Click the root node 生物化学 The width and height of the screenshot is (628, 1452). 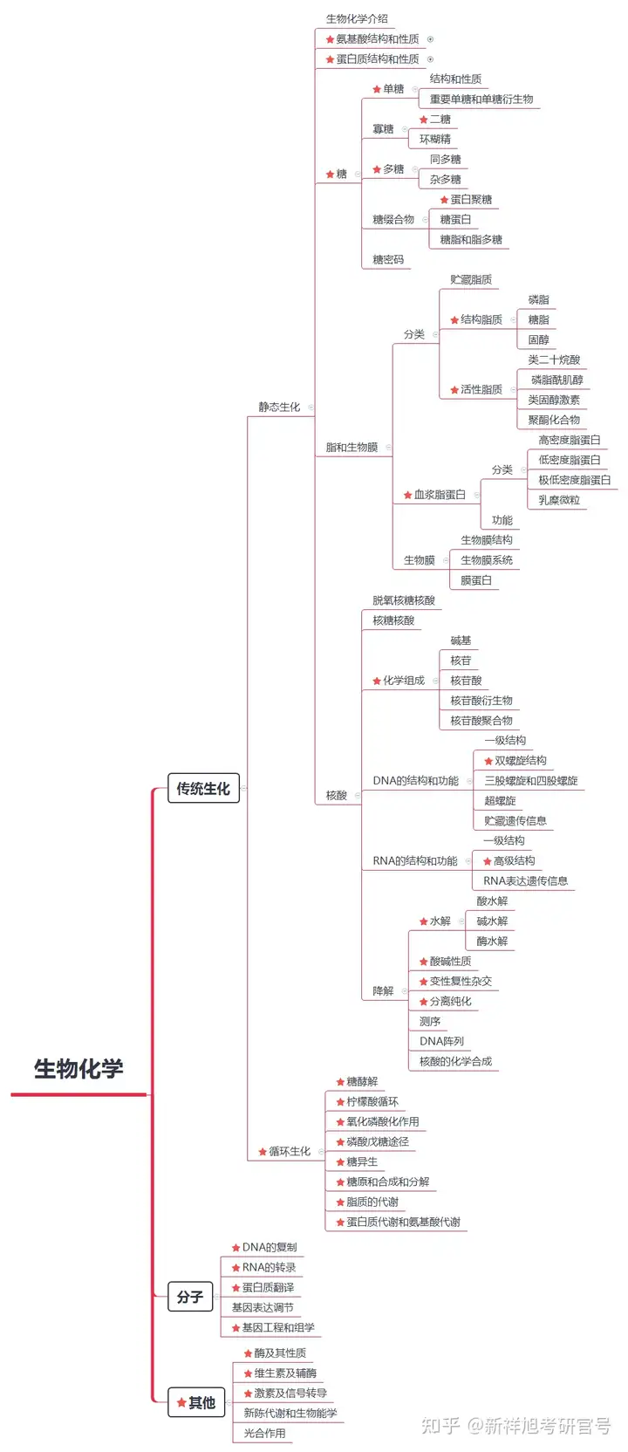point(78,1069)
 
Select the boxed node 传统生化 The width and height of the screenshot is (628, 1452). point(203,789)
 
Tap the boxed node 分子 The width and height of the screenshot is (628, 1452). point(190,1298)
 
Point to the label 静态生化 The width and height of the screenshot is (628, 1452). point(279,408)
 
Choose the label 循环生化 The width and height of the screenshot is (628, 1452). point(289,1152)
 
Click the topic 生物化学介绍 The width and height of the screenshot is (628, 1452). point(357,19)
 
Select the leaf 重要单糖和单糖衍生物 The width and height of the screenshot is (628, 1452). point(481,99)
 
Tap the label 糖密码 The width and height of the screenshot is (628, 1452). point(388,260)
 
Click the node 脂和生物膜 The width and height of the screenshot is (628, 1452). point(352,448)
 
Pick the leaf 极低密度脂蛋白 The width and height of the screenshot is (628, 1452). point(574,481)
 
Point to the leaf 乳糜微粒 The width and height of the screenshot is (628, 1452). point(559,501)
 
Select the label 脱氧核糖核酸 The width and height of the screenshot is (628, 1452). point(404,601)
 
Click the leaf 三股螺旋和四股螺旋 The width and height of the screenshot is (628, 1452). point(531,781)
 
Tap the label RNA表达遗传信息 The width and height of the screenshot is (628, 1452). point(526,881)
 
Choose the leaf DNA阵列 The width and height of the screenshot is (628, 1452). point(441,1042)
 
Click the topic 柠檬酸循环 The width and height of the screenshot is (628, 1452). point(372,1102)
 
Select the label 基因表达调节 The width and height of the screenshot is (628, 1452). point(263,1308)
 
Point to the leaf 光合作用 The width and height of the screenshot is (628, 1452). point(264,1434)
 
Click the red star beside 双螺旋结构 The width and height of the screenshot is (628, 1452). point(488,762)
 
